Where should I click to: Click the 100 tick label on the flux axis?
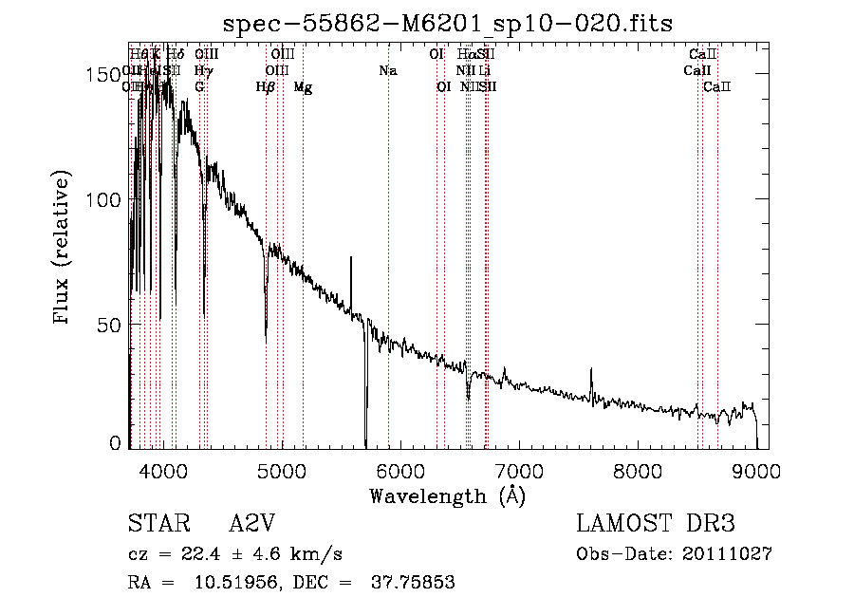(x=105, y=200)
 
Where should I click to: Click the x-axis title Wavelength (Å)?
(x=447, y=495)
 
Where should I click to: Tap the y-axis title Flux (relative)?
(x=64, y=249)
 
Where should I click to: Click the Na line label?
(x=387, y=71)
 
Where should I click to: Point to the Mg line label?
(x=303, y=87)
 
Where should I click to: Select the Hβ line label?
(x=266, y=87)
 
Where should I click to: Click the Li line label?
(x=484, y=71)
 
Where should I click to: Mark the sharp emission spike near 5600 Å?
(x=351, y=258)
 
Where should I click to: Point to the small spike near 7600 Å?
(x=591, y=370)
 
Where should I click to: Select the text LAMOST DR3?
(x=656, y=525)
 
